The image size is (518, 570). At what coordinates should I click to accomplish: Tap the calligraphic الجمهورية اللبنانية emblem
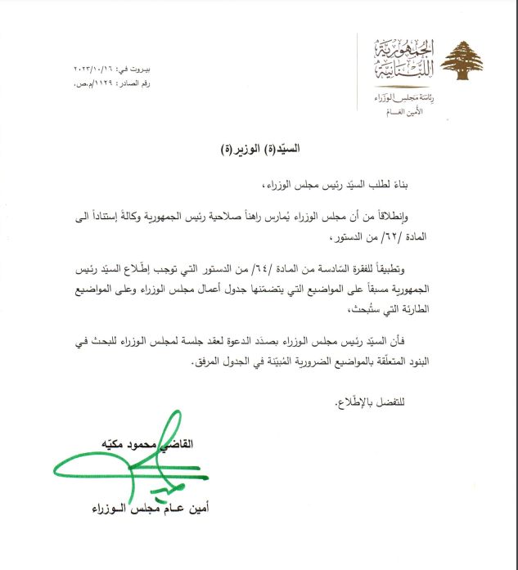tap(403, 59)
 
